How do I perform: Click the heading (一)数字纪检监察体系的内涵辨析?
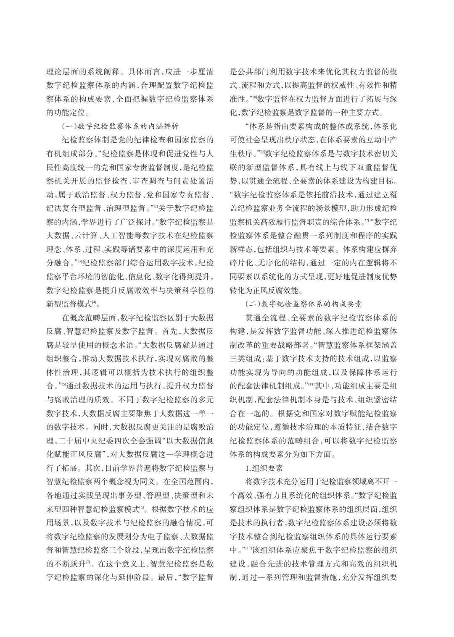click(x=120, y=126)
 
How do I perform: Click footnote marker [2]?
click(x=155, y=207)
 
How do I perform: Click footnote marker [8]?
click(x=254, y=98)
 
